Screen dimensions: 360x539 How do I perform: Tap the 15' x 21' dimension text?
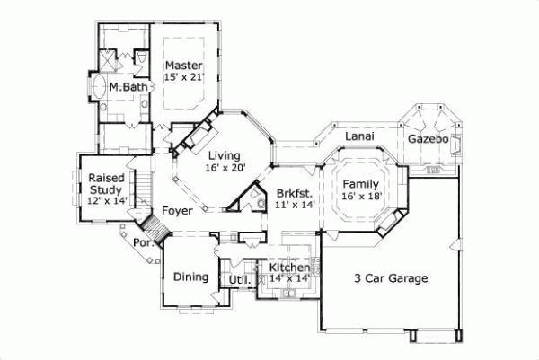coord(184,78)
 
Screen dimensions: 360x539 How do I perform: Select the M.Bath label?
coord(128,88)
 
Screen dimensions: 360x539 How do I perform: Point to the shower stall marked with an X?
coord(111,60)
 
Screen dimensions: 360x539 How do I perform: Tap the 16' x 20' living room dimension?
coord(225,168)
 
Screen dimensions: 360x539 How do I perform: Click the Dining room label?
coord(190,277)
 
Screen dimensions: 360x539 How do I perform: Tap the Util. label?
coord(238,280)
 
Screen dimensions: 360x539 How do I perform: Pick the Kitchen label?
coord(289,268)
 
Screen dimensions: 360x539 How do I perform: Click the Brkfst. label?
coord(294,192)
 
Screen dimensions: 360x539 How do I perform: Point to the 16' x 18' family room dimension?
coord(361,196)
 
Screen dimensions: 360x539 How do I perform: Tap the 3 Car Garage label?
coord(389,277)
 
